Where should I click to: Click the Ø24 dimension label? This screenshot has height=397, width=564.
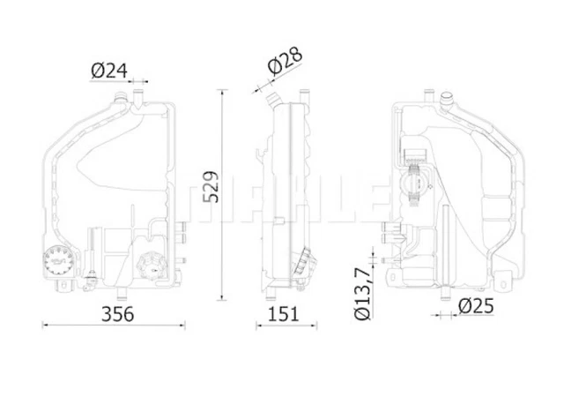pyautogui.click(x=109, y=71)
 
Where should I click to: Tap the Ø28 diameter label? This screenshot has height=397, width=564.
pyautogui.click(x=285, y=61)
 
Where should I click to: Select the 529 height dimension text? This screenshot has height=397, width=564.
pyautogui.click(x=211, y=187)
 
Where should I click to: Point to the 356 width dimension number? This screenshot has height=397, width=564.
pyautogui.click(x=117, y=314)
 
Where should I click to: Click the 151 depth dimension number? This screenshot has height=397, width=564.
pyautogui.click(x=284, y=314)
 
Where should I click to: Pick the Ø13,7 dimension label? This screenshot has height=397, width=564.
pyautogui.click(x=362, y=294)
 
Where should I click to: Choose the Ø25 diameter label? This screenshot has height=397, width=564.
pyautogui.click(x=476, y=306)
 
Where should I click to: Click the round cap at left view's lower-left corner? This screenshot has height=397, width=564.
pyautogui.click(x=59, y=260)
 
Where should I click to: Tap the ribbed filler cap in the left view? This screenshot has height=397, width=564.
pyautogui.click(x=152, y=266)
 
